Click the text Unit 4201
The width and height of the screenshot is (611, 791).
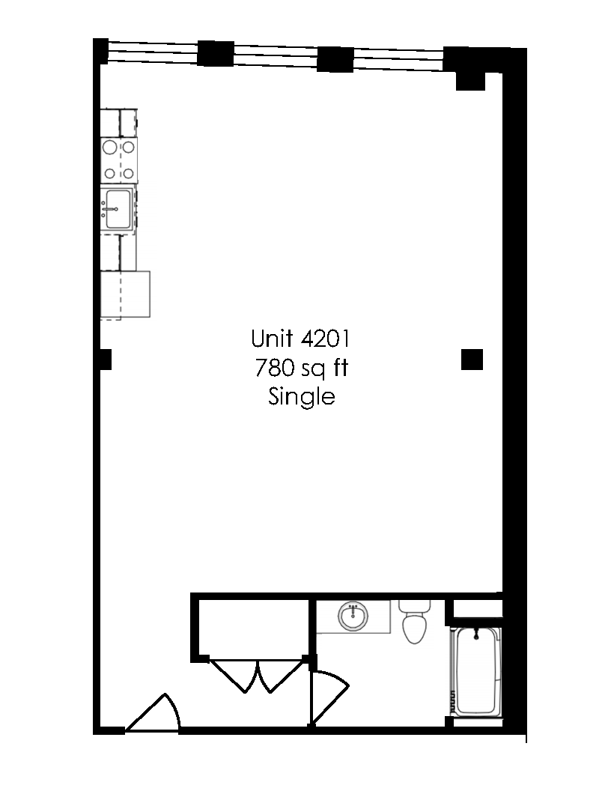(x=301, y=339)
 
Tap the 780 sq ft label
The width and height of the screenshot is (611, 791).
(x=301, y=368)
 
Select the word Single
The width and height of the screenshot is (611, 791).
(x=301, y=396)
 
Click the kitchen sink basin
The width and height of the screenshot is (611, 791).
(x=118, y=208)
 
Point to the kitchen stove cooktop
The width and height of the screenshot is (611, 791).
(x=119, y=160)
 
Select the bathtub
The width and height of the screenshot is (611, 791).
(x=477, y=670)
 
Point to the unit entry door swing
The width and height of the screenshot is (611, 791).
(x=156, y=713)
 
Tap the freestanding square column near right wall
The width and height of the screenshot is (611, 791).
(x=472, y=360)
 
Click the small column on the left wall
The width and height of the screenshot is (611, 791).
(x=106, y=360)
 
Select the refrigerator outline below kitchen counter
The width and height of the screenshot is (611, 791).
(x=125, y=294)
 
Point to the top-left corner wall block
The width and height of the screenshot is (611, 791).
(x=100, y=51)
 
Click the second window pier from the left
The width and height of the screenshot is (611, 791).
(x=216, y=54)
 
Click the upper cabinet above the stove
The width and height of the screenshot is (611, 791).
(x=119, y=122)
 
